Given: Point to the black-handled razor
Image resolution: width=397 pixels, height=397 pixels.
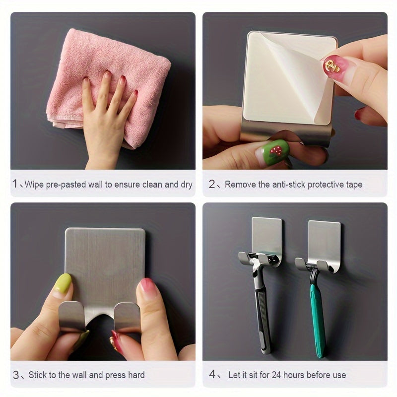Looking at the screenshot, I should pyautogui.click(x=262, y=308).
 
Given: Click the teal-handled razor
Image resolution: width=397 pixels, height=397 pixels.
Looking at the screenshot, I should pyautogui.click(x=316, y=313).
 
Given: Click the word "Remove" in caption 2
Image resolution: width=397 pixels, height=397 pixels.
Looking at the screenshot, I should pyautogui.click(x=240, y=185).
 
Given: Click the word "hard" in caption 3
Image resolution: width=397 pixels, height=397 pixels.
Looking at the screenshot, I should pyautogui.click(x=134, y=375).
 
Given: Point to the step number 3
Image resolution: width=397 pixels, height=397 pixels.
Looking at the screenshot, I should pyautogui.click(x=16, y=375).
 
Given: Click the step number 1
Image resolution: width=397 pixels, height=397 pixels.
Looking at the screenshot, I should pyautogui.click(x=15, y=185).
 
